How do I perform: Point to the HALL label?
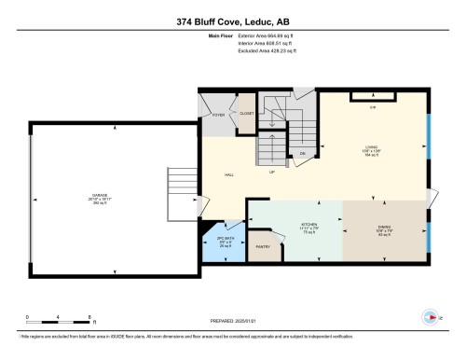pyautogui.click(x=228, y=174)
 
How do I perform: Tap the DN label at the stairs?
pyautogui.click(x=302, y=153)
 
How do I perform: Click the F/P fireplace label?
pyautogui.click(x=373, y=108)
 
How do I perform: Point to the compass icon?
pyautogui.click(x=430, y=314)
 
